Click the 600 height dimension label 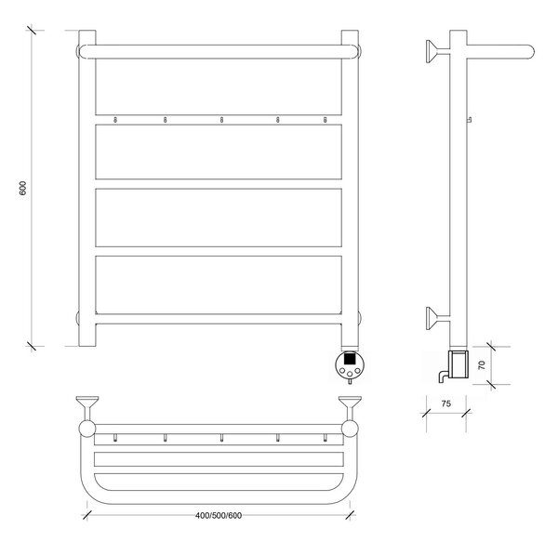(x=22, y=188)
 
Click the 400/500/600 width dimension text (x=219, y=515)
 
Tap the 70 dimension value (x=482, y=364)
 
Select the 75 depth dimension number (x=445, y=403)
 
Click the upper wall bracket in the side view (x=437, y=51)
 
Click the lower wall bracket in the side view (x=437, y=319)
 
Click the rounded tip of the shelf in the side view (x=531, y=51)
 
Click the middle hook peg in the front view (x=221, y=120)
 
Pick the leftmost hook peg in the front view (x=115, y=120)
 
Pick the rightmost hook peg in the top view (x=325, y=438)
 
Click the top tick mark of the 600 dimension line (x=32, y=30)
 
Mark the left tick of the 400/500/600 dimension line (x=87, y=515)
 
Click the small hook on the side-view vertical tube (x=470, y=120)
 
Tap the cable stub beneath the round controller (x=351, y=382)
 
